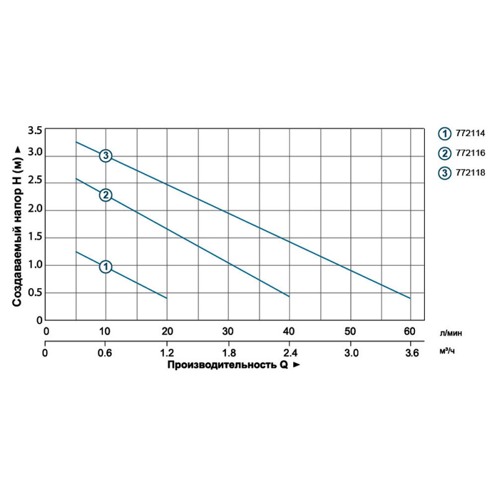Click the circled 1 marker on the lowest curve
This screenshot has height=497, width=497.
106,267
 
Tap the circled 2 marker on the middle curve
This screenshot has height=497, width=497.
106,195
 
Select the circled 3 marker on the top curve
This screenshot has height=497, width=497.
106,155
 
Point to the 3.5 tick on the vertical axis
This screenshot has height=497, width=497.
35,130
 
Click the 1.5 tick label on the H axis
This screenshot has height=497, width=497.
35,237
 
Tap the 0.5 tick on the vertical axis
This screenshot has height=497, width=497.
35,293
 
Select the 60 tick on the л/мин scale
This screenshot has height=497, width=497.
410,331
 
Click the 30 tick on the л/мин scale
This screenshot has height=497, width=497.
228,331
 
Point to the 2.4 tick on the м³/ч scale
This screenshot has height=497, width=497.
289,353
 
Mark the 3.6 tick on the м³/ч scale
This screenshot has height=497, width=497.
410,353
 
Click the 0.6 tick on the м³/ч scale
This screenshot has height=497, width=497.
106,353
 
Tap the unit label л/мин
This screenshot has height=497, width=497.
450,333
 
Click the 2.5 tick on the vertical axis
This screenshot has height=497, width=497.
35,182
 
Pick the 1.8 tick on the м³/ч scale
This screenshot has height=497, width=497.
228,353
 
